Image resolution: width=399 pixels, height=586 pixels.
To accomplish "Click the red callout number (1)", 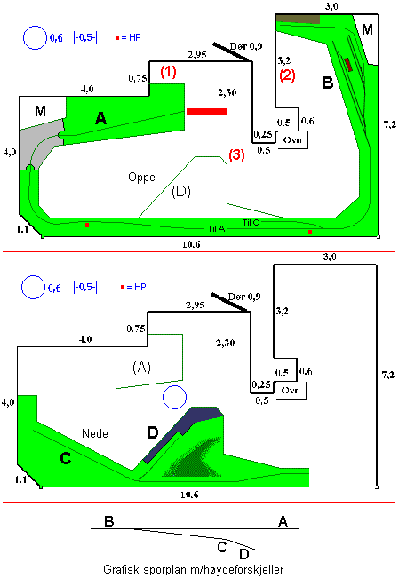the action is tap(168, 71).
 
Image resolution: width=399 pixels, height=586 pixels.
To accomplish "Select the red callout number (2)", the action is tap(287, 75).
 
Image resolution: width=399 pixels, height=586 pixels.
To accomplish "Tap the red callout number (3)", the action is tap(236, 154).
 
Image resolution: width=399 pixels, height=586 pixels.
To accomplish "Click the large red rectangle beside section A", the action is tap(207, 111).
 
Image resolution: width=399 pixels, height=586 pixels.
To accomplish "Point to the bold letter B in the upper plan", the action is tap(328, 83).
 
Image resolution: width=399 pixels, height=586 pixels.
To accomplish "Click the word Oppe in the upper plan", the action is tap(141, 177).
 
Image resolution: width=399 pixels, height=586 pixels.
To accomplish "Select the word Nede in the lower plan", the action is tap(95, 433).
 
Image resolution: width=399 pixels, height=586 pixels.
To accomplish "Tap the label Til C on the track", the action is tap(251, 222).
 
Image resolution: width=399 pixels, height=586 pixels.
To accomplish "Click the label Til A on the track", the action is tap(217, 229).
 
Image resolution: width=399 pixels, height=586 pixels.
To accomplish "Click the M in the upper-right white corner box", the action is tap(368, 29).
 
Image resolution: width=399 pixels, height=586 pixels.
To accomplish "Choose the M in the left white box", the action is tap(40, 111).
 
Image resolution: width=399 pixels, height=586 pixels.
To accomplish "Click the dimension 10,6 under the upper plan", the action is tap(191, 244).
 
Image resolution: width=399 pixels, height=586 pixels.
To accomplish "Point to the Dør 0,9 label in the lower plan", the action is tap(244, 297).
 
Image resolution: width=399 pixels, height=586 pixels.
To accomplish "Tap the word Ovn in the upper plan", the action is tap(292, 139).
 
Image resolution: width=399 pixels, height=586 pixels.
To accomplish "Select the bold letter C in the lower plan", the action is tap(66, 458).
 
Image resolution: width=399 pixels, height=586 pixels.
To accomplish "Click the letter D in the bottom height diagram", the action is tap(244, 553).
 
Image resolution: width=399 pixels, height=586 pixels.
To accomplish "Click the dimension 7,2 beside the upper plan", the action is tap(390, 124).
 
